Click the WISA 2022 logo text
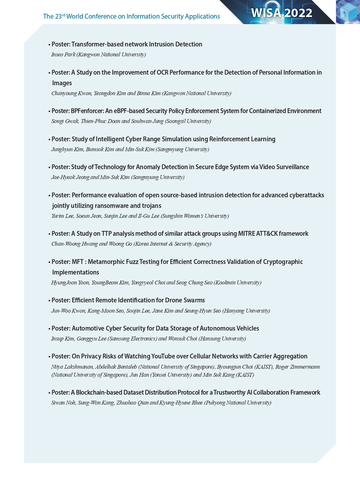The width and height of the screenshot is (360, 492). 281,13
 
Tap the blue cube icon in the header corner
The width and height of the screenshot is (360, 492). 348,12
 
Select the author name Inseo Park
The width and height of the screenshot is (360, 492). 63,54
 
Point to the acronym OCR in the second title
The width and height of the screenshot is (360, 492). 162,73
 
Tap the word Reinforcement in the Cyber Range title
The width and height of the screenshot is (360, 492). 229,139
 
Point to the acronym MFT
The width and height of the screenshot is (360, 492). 78,262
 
